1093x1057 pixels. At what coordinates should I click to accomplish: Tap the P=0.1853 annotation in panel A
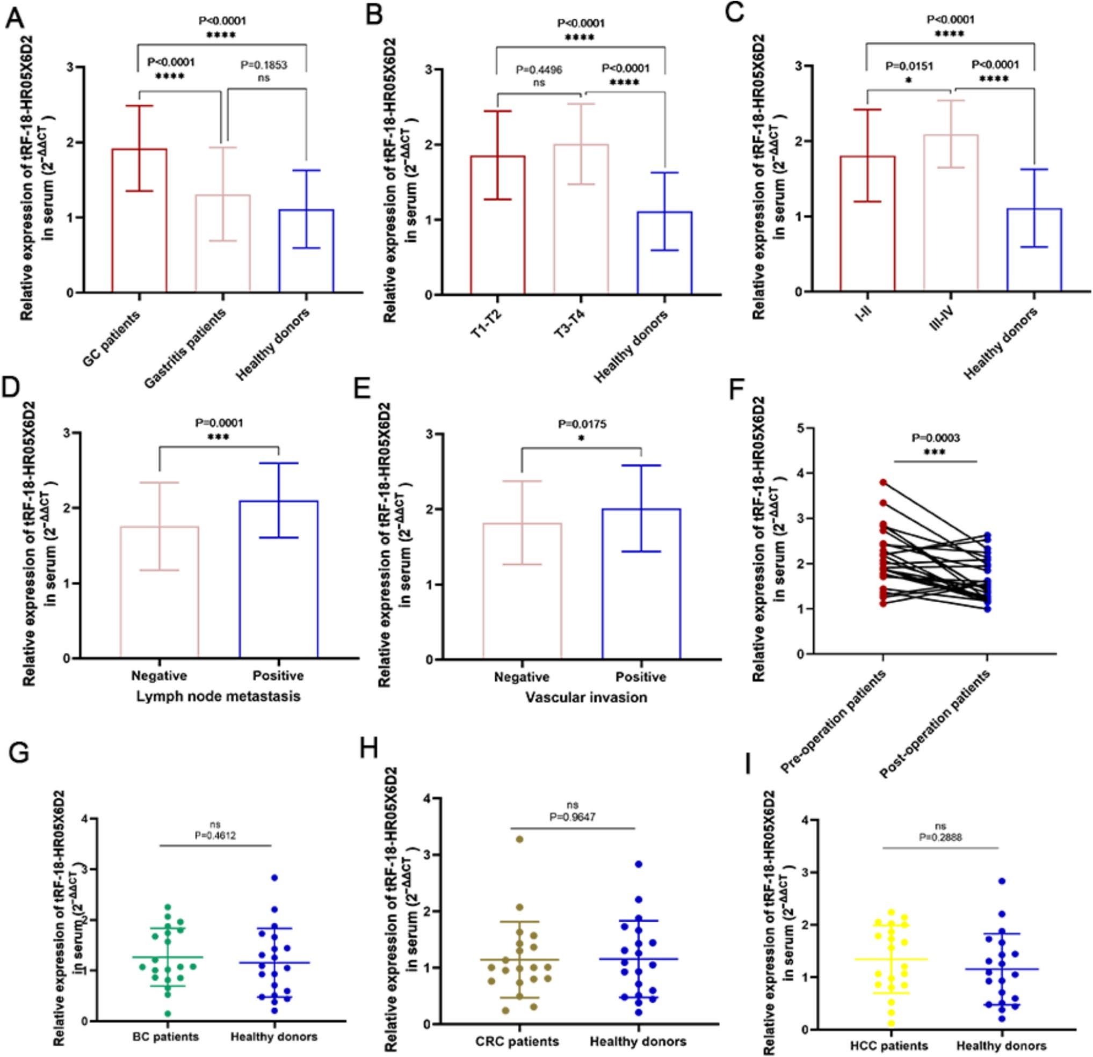coord(263,65)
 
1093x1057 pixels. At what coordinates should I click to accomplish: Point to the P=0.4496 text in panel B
coord(539,70)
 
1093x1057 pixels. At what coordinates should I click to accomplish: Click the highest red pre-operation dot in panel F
coord(884,482)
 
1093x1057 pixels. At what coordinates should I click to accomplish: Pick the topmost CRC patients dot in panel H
coord(520,839)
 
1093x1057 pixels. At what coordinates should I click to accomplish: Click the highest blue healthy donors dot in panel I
coord(1002,881)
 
